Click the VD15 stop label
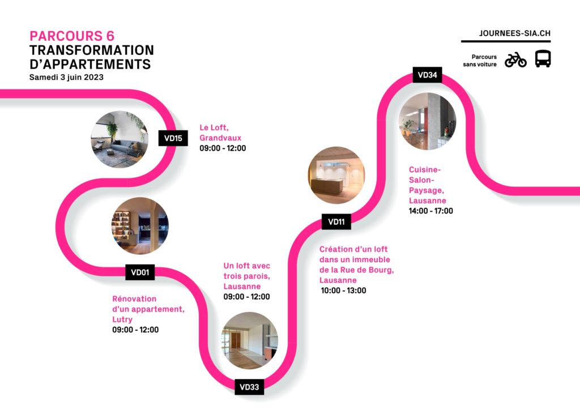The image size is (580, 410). [x=173, y=138]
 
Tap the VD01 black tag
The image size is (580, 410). [x=140, y=272]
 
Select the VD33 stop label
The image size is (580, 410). [x=249, y=387]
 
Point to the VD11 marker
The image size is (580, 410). [x=336, y=222]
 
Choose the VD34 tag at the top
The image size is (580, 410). [x=427, y=75]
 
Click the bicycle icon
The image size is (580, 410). [x=515, y=59]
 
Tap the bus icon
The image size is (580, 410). [x=543, y=59]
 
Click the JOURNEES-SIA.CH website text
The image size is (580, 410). [x=514, y=33]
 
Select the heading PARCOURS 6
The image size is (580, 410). [x=72, y=36]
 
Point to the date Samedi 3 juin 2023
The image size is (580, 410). [x=66, y=77]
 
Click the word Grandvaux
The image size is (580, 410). [x=220, y=138]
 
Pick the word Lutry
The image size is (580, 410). [x=122, y=319]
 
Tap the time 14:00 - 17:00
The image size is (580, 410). [x=430, y=211]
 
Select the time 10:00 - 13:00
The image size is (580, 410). [x=343, y=291]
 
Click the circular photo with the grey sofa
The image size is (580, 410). [x=120, y=139]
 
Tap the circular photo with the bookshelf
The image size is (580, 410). [x=140, y=226]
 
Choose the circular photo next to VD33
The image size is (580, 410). [x=249, y=340]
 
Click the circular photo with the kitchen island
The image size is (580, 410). [x=336, y=175]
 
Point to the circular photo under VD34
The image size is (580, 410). [x=428, y=121]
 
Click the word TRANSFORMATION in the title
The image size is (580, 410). [x=92, y=50]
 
